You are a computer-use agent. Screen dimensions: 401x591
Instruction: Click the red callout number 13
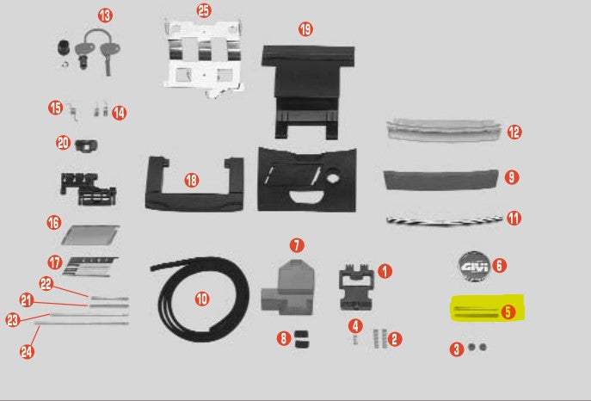104,16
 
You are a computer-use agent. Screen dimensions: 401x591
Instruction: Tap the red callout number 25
203,10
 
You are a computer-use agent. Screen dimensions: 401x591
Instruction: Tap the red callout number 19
305,29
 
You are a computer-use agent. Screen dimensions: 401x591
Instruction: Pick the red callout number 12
514,133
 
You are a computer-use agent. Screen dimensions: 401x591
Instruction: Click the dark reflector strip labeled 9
439,180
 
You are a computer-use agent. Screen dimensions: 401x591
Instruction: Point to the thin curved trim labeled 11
439,219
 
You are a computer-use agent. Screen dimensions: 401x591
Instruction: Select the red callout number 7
295,246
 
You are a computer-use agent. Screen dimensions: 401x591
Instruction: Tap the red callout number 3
457,349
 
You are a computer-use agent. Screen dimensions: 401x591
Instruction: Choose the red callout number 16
54,223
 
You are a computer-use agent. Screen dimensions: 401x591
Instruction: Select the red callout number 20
63,142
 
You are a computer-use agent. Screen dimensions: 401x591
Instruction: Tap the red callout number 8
283,339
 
